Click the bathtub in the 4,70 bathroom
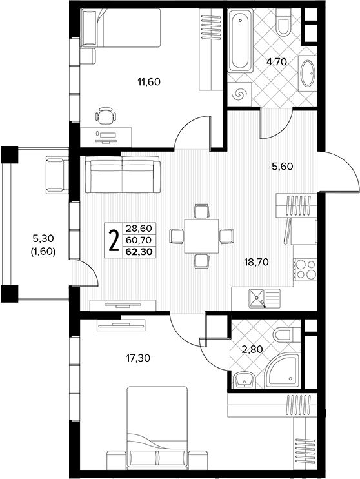tap(240, 41)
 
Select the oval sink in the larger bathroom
tap(308, 74)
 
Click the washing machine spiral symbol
tap(239, 94)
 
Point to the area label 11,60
tap(149, 82)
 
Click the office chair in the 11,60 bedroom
tap(106, 116)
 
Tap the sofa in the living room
tap(123, 174)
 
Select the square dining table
tap(201, 236)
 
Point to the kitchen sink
tap(257, 298)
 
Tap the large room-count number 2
tap(114, 241)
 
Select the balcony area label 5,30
tap(43, 238)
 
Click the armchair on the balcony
tap(57, 174)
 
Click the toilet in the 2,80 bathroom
tap(283, 335)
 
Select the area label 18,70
tap(257, 262)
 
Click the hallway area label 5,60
tap(283, 167)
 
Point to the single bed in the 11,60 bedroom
tap(121, 28)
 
